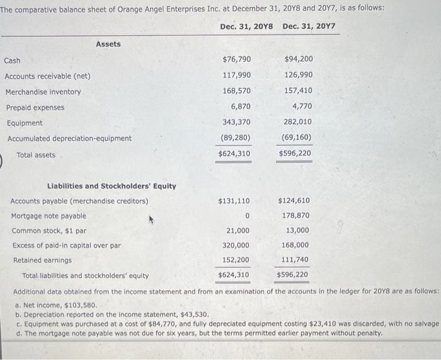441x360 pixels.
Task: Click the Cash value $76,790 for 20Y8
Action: pos(237,59)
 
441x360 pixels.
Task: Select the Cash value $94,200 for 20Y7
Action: pos(299,59)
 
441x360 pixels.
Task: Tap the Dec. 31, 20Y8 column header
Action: pos(246,26)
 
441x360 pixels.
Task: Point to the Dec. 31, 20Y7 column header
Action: pos(309,26)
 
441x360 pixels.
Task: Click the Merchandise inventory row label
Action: pos(43,92)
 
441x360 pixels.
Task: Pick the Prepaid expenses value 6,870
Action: pos(241,107)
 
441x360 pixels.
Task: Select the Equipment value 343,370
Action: pos(236,122)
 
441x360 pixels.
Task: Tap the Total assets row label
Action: pos(36,155)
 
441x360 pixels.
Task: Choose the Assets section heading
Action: pos(108,44)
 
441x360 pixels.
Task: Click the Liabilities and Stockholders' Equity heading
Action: pos(112,186)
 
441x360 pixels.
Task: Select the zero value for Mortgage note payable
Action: pos(248,216)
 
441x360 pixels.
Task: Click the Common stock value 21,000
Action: pos(238,231)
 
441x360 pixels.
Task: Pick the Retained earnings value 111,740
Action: pos(294,260)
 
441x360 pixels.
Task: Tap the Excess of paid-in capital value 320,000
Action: pos(236,245)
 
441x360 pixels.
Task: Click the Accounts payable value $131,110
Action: pos(234,201)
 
